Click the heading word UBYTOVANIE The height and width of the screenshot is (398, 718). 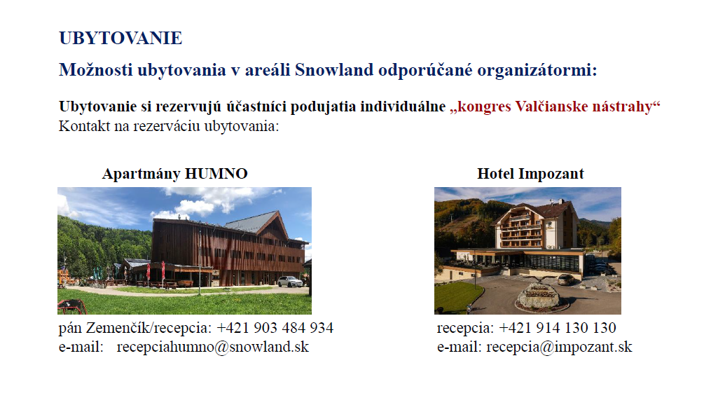click(x=120, y=38)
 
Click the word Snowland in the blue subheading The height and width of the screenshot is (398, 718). click(x=334, y=69)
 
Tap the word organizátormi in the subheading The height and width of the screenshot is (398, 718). click(x=537, y=71)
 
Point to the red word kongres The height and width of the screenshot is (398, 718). click(x=481, y=107)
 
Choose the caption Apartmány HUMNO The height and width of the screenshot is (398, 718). click(x=175, y=174)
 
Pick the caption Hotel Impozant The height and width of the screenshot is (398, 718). click(x=530, y=174)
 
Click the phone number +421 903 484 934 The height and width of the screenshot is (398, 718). click(x=275, y=328)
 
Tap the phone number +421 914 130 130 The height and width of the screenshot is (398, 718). click(x=558, y=328)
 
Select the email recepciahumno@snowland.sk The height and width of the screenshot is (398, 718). click(x=213, y=347)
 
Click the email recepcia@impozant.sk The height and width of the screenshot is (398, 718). click(x=559, y=347)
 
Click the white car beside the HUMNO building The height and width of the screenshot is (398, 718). click(x=290, y=281)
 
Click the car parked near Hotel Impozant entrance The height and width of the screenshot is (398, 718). click(x=565, y=279)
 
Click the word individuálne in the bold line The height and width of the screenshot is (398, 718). click(x=403, y=107)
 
